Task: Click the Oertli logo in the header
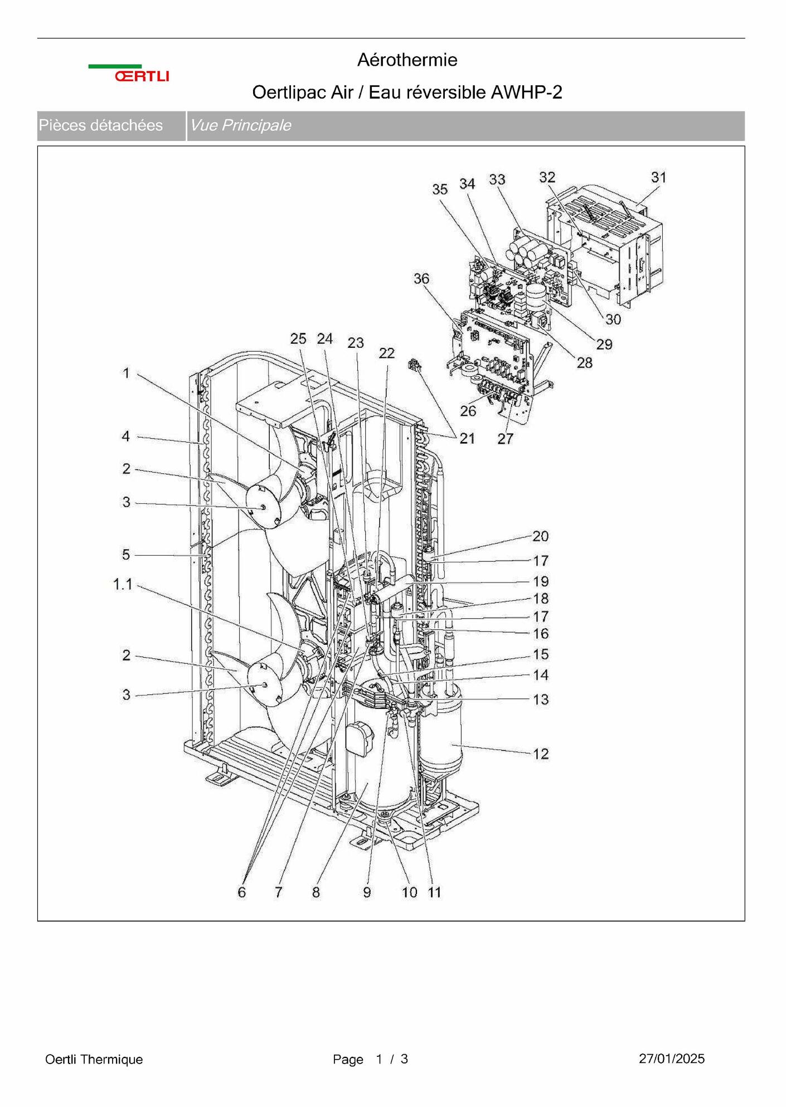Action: [129, 73]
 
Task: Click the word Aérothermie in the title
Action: [407, 60]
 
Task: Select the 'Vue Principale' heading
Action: [240, 125]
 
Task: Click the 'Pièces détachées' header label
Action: [100, 125]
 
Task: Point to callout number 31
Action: [659, 177]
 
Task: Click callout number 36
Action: [421, 278]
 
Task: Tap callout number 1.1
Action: [123, 584]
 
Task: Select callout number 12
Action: [541, 754]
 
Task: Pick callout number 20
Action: [541, 536]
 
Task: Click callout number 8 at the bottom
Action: [316, 892]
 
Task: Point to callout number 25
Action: [298, 338]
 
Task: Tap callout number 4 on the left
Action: [126, 436]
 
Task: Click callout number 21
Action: [467, 439]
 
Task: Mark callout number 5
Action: [126, 555]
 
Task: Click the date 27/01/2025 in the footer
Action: [672, 1059]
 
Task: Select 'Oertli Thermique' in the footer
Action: [94, 1059]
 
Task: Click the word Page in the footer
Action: [348, 1059]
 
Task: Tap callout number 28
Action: [584, 363]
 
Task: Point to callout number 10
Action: [410, 892]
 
